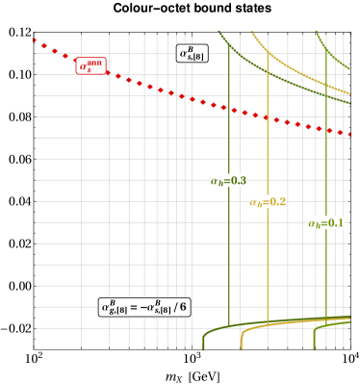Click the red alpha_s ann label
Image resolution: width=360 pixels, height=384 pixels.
90,65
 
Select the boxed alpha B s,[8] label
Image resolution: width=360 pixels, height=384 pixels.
192,54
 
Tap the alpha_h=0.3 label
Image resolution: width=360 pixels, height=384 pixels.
229,180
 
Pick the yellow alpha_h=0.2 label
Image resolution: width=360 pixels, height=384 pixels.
268,201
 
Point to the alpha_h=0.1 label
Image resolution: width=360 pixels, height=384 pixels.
325,222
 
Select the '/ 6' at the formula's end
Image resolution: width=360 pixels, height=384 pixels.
180,307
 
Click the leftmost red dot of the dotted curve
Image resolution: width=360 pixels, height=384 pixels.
35,39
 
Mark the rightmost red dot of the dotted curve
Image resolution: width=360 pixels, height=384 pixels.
347,134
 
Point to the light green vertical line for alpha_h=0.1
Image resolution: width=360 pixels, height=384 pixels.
326,279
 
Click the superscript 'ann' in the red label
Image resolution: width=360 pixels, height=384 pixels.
95,62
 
